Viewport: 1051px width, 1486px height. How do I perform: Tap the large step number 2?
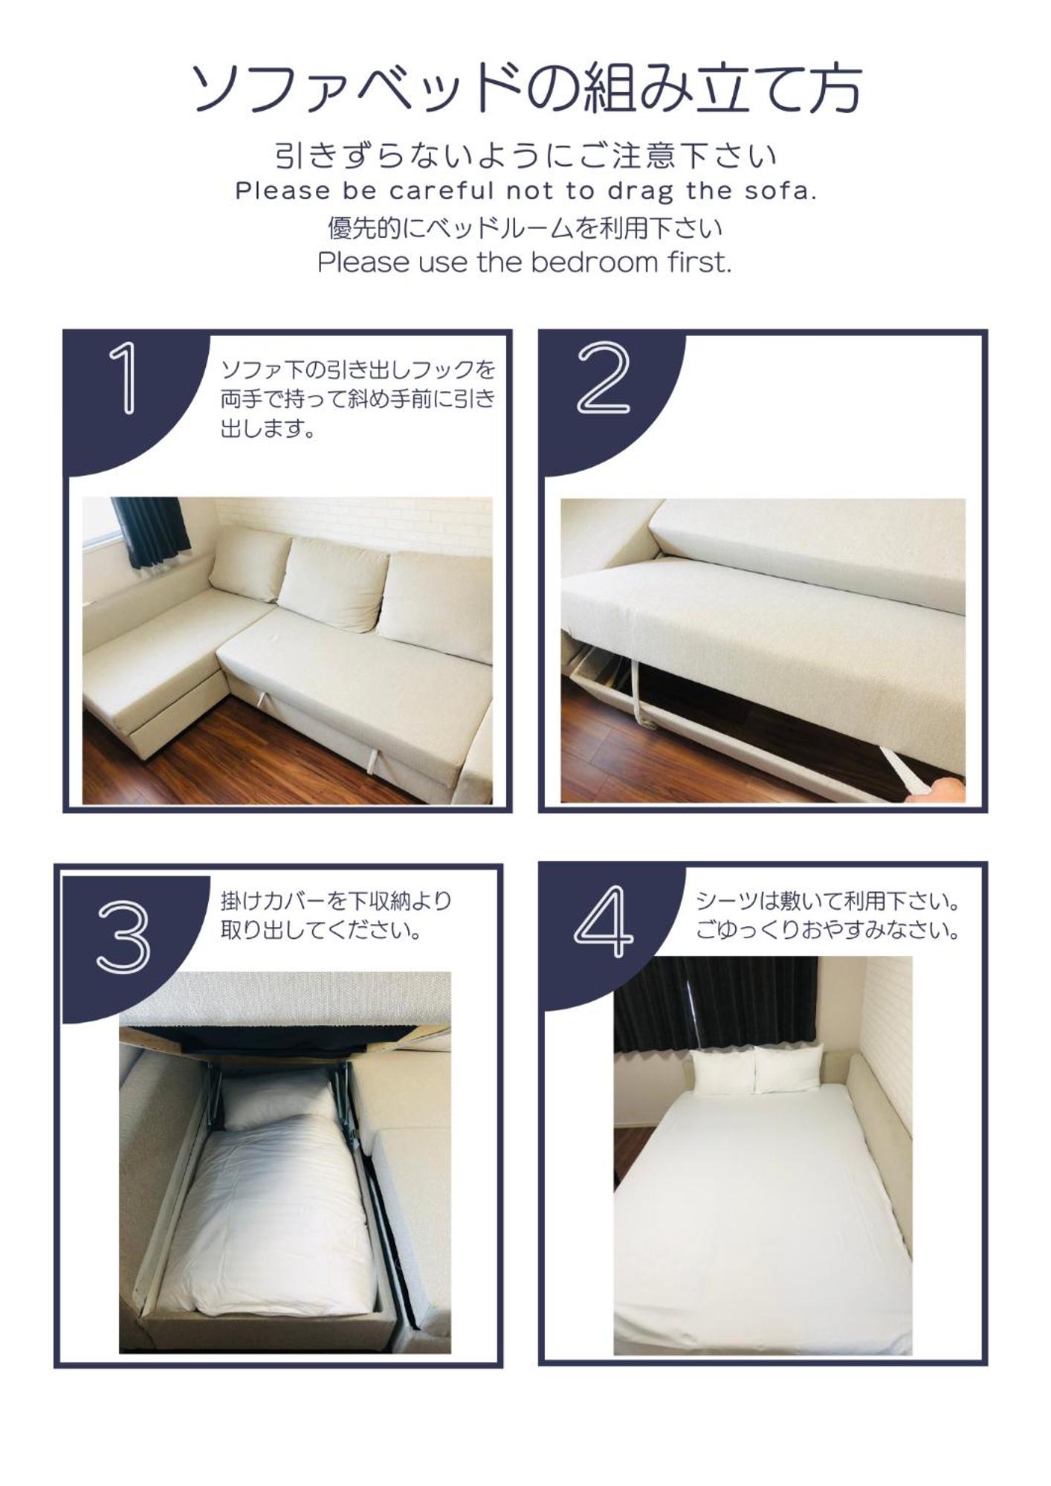click(x=604, y=378)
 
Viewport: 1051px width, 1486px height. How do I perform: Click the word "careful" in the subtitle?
click(x=442, y=191)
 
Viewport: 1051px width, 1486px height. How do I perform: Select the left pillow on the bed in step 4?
click(x=722, y=1071)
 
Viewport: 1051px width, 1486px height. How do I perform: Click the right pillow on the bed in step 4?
click(x=788, y=1067)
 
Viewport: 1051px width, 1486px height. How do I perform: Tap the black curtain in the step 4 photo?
click(x=716, y=1004)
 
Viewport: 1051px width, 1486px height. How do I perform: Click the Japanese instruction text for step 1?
click(x=358, y=398)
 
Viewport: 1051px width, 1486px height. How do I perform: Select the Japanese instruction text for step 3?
click(x=336, y=915)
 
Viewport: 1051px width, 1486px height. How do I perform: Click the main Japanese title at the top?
click(x=526, y=88)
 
